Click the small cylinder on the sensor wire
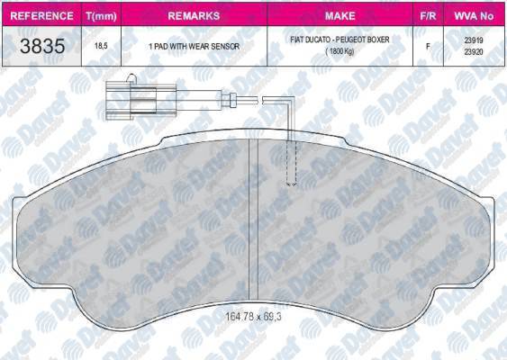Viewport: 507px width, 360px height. pyautogui.click(x=227, y=100)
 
